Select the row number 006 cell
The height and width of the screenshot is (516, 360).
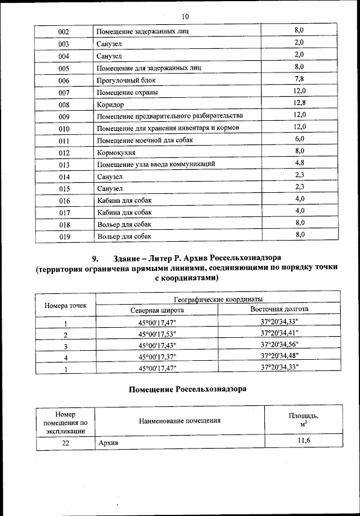tap(64, 80)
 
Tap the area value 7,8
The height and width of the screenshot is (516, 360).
tap(299, 79)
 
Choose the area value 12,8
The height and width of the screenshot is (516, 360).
tap(299, 103)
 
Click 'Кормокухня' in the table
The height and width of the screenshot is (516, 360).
tap(117, 152)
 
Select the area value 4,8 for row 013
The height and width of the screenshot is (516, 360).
tap(299, 163)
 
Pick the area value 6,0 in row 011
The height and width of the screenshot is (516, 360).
tap(299, 139)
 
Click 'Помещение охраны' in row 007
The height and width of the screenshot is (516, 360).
tap(127, 93)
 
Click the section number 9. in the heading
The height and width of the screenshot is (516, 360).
tap(95, 259)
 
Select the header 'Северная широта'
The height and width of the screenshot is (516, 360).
tap(157, 310)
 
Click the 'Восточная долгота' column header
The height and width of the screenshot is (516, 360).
tap(279, 309)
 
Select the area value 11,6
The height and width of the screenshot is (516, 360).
tap(304, 441)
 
